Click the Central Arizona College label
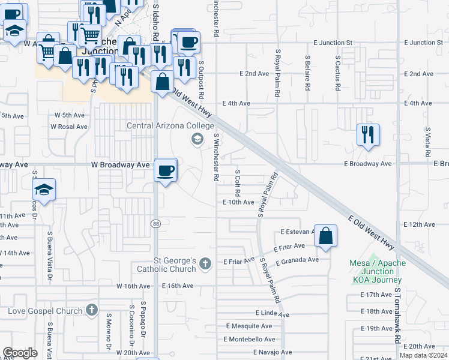(170, 126)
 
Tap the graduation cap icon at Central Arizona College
(196, 140)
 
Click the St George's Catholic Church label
(167, 265)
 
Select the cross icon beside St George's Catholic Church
(205, 263)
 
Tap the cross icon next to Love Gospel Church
(91, 310)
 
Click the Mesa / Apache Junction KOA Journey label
(378, 271)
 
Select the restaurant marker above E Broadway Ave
(368, 135)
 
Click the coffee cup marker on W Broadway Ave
(166, 171)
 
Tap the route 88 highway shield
(155, 223)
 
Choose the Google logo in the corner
(20, 353)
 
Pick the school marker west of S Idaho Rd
(44, 191)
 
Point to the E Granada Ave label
(297, 261)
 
